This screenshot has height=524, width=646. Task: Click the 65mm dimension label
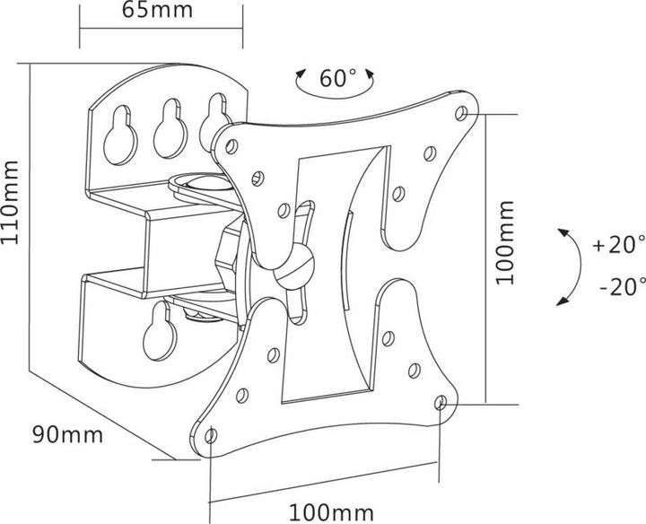[157, 10]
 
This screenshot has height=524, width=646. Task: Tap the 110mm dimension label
[10, 203]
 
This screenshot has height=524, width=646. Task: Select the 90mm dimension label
[67, 434]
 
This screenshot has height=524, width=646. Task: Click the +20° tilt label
[619, 245]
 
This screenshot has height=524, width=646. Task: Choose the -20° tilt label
[622, 287]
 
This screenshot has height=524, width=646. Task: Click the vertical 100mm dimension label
[505, 243]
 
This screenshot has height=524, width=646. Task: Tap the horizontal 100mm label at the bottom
[331, 513]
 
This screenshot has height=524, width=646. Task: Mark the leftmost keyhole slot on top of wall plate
[120, 135]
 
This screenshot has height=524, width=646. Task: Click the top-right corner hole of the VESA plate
[461, 113]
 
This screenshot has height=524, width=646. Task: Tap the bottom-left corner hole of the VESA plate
[211, 435]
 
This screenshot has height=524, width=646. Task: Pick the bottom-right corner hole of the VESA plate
[441, 402]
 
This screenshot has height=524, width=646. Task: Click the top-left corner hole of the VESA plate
[231, 146]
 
